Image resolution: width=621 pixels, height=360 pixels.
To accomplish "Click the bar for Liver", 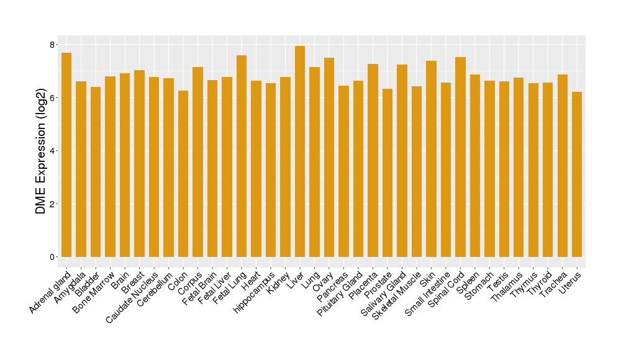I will (x=300, y=151).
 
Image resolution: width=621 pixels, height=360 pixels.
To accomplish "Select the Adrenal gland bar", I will (x=66, y=155).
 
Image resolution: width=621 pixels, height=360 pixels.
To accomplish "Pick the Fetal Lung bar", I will (x=242, y=156).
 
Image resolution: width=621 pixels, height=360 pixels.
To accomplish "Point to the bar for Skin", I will (x=431, y=159).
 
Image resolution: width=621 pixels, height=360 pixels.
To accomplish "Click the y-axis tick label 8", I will (x=53, y=45).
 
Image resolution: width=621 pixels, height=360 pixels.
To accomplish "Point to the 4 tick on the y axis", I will (x=53, y=151).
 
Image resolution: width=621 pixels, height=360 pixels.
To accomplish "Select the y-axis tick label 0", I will (x=53, y=257).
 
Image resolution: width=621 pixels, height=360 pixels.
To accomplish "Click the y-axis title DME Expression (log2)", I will (x=41, y=151).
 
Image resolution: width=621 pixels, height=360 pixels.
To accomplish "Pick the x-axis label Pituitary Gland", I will (x=340, y=294).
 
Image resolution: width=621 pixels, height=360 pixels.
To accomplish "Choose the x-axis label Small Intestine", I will (x=428, y=294).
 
